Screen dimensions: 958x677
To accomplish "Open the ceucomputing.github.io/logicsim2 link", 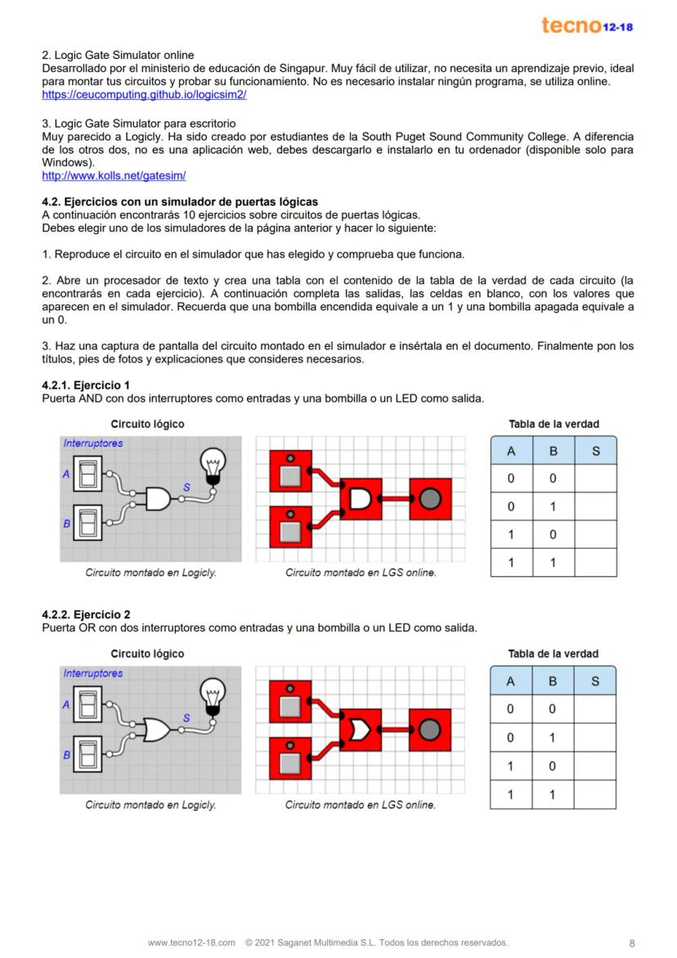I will (144, 95).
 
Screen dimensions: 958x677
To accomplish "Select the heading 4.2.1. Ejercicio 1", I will (85, 385).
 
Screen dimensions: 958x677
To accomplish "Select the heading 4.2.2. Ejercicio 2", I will (85, 614).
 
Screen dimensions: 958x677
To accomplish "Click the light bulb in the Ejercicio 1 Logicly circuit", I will (213, 465).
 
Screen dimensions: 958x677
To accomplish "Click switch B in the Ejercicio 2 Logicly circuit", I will (87, 753).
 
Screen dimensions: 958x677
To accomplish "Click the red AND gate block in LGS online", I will (360, 499).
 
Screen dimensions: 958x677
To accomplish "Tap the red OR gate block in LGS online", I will (360, 729).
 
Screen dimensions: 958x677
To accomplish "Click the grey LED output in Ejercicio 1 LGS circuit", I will (430, 499).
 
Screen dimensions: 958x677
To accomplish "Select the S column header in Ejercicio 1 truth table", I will (595, 451).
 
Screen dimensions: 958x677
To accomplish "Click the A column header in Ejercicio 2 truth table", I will (511, 681).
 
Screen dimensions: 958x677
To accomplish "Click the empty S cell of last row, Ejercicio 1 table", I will (595, 563).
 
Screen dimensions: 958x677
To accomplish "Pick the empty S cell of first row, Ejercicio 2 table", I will (595, 709).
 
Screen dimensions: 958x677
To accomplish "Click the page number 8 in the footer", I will (631, 942).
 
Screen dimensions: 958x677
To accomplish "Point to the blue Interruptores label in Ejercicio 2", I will (93, 673).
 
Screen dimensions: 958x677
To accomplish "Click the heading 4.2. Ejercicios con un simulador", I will (180, 201).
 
